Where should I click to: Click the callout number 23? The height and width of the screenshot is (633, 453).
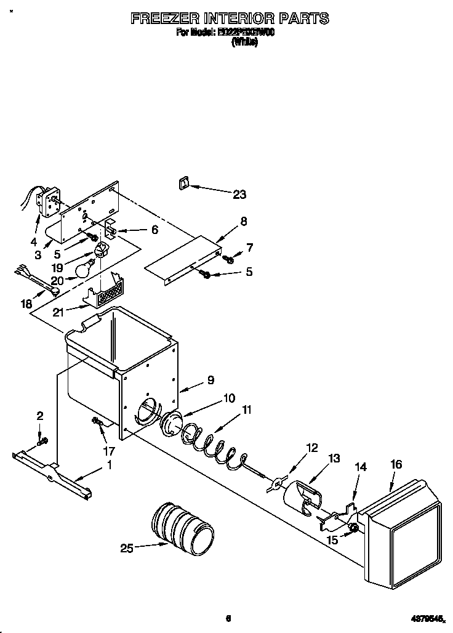click(239, 195)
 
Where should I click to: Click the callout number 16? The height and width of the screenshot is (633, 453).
click(396, 464)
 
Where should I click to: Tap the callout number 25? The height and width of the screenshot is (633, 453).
click(127, 547)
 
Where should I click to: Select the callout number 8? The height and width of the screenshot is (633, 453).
click(244, 220)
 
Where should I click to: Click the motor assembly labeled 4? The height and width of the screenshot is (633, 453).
click(46, 200)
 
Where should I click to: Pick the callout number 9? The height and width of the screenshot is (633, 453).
click(210, 380)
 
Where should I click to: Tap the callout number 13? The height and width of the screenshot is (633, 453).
click(334, 458)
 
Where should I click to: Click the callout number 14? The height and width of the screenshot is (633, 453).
click(361, 467)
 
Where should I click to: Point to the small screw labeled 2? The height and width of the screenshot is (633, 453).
click(42, 441)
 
